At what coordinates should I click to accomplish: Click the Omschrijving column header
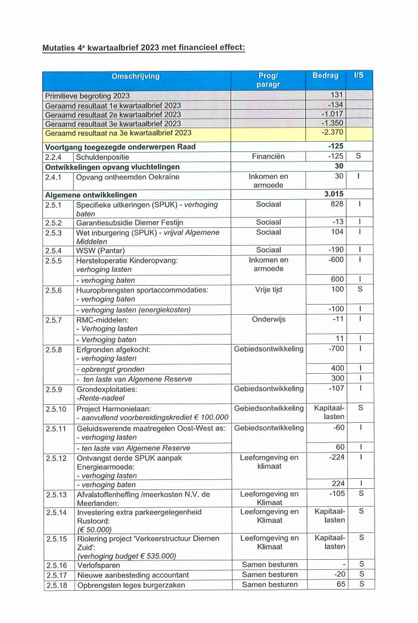[x=136, y=76]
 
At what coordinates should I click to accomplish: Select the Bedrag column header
[x=325, y=76]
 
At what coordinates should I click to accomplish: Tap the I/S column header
[x=358, y=76]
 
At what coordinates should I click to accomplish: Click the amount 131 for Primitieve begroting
[x=337, y=95]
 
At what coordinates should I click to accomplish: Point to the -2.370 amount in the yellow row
[x=333, y=132]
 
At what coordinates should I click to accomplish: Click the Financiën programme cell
[x=268, y=156]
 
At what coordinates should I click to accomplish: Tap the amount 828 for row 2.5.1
[x=337, y=204]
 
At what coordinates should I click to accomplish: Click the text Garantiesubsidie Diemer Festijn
[x=130, y=222]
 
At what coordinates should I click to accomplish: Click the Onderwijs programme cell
[x=268, y=319]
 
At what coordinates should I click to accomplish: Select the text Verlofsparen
[x=99, y=565]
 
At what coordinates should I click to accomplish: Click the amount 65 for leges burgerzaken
[x=339, y=584]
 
